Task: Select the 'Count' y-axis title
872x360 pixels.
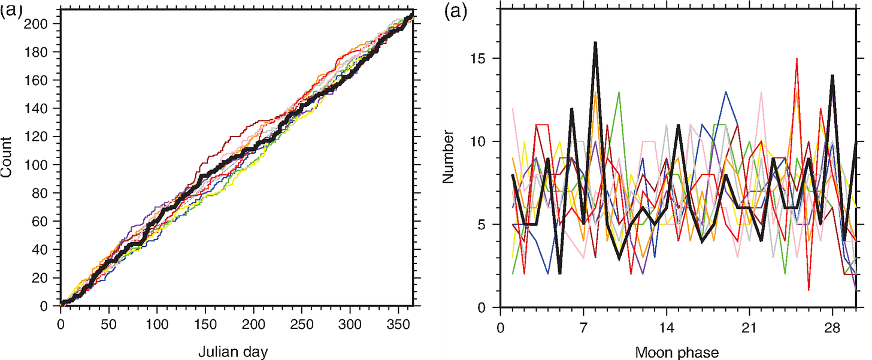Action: (7, 158)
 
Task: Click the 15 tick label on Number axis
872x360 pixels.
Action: (477, 59)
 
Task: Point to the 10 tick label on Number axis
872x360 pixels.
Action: (477, 142)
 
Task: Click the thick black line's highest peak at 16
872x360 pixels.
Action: (595, 43)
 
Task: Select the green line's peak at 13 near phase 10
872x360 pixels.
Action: (619, 92)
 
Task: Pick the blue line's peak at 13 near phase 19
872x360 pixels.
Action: (726, 92)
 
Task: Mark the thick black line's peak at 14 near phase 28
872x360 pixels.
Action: (832, 76)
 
